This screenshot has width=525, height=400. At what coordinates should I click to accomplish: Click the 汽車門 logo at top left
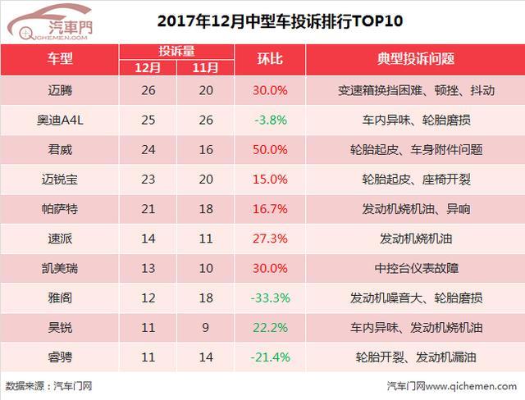click(49, 23)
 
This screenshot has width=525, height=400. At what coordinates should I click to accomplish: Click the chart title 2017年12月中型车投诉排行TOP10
click(280, 21)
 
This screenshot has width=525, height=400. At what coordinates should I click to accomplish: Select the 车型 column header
click(60, 59)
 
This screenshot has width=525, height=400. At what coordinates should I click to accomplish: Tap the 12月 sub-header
click(148, 68)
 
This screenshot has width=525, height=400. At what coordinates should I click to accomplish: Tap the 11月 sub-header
click(205, 68)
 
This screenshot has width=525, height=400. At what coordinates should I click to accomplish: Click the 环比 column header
click(270, 59)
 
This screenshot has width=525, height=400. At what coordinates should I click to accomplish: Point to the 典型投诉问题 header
click(416, 59)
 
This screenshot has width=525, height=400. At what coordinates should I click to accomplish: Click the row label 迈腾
click(60, 90)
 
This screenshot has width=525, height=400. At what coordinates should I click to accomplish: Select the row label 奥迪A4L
click(60, 120)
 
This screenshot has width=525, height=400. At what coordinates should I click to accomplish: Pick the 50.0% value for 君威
click(270, 149)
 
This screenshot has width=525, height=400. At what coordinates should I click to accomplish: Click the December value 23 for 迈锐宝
click(148, 180)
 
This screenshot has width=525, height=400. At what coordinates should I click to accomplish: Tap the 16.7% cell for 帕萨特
click(270, 209)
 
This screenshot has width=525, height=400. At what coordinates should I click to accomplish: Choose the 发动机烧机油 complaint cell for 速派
click(416, 239)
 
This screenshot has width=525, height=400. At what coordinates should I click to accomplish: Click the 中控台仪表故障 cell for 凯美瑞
click(416, 268)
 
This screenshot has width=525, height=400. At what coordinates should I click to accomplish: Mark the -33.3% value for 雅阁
click(270, 298)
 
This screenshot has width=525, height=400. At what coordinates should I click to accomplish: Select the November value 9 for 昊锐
click(206, 327)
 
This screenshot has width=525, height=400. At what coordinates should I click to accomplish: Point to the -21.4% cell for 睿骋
click(270, 357)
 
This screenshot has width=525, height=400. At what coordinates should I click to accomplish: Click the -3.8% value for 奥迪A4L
click(271, 120)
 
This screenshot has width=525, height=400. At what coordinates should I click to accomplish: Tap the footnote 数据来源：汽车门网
click(49, 386)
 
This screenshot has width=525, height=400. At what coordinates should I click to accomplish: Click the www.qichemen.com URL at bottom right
click(471, 386)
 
